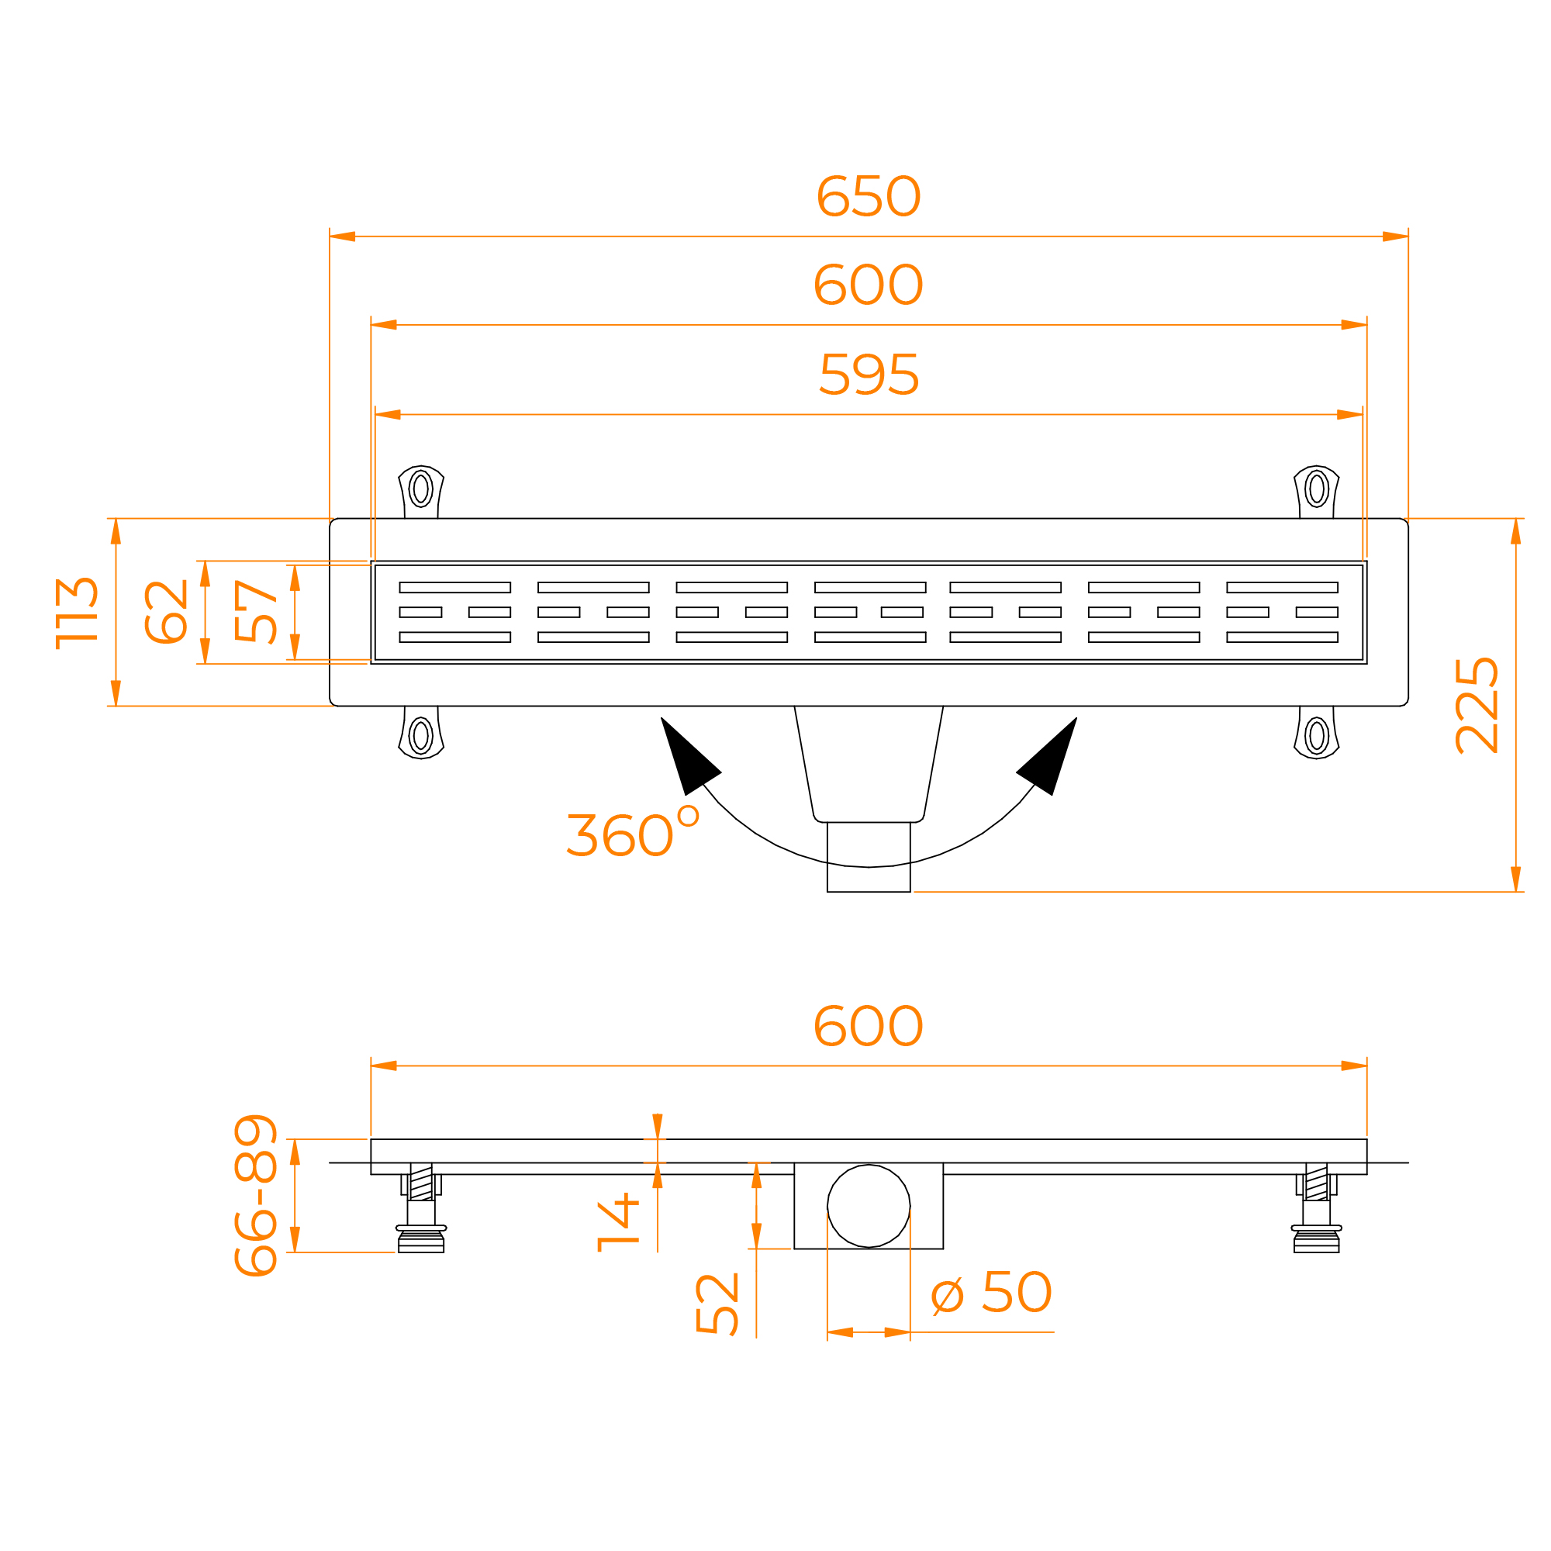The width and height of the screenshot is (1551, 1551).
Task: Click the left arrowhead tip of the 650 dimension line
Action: pyautogui.click(x=330, y=236)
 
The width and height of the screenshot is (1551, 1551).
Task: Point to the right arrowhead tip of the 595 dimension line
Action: pyautogui.click(x=1363, y=414)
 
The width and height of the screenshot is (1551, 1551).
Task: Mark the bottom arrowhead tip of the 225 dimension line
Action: pyautogui.click(x=1515, y=892)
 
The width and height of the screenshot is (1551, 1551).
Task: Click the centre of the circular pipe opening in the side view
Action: pyautogui.click(x=869, y=1206)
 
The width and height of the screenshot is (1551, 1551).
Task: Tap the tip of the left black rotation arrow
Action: pyautogui.click(x=661, y=717)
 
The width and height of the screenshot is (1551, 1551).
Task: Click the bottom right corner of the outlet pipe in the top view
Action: pyautogui.click(x=910, y=892)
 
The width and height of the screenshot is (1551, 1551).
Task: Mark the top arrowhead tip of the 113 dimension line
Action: pyautogui.click(x=116, y=519)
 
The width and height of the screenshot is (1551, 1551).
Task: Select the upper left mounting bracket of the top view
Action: pyautogui.click(x=420, y=492)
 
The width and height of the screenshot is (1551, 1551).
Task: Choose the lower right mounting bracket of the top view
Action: pyautogui.click(x=1317, y=732)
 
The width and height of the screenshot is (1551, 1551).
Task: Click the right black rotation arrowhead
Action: pyautogui.click(x=1048, y=755)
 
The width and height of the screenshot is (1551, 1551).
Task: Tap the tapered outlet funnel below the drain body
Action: pyautogui.click(x=869, y=765)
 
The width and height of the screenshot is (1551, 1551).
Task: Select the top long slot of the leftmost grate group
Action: pyautogui.click(x=455, y=588)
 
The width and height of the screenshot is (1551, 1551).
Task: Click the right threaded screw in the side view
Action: pyautogui.click(x=1317, y=1182)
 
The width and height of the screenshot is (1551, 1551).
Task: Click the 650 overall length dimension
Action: pyautogui.click(x=869, y=196)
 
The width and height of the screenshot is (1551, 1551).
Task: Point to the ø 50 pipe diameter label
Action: pyautogui.click(x=991, y=1292)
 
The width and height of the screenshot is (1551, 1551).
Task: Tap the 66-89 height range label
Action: pyautogui.click(x=256, y=1195)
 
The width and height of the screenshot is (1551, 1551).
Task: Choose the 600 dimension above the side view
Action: pyautogui.click(x=869, y=1026)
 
